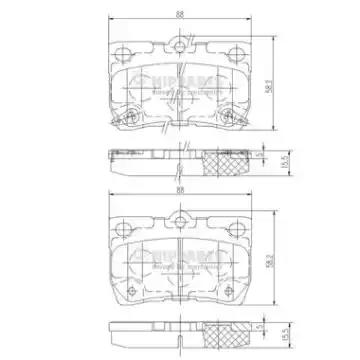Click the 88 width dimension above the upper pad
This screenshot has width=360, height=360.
point(179,12)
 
